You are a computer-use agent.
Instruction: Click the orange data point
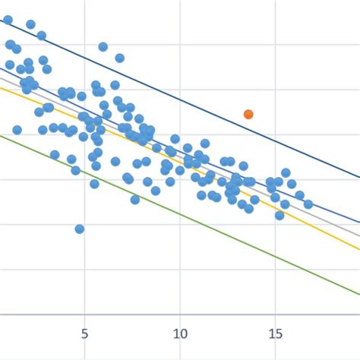tap(248, 114)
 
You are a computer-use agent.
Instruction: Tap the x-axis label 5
tap(84, 333)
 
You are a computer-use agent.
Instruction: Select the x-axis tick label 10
tap(180, 333)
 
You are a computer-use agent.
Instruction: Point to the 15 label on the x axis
tap(276, 333)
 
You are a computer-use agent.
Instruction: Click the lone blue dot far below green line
tap(80, 229)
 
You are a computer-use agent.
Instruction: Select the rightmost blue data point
tap(308, 204)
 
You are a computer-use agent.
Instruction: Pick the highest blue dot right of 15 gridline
tap(286, 173)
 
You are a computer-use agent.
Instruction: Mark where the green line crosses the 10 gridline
tap(180, 214)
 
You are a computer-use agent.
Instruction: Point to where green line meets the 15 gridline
tap(276, 256)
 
